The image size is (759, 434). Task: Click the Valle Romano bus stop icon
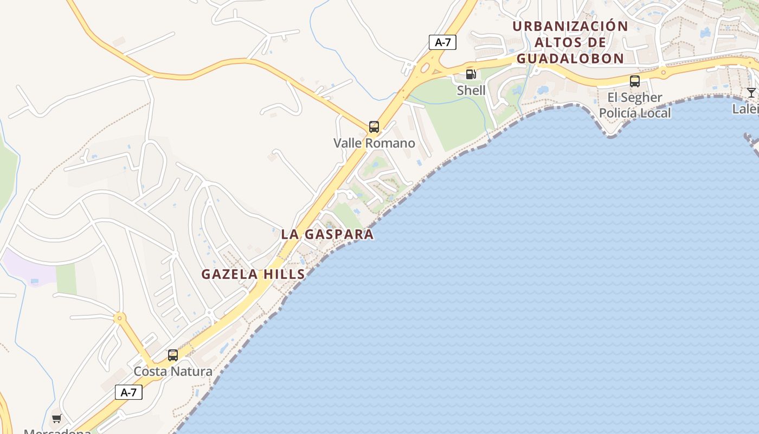click(374, 127)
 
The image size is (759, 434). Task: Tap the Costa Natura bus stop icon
click(173, 355)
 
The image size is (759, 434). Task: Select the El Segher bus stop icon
click(635, 81)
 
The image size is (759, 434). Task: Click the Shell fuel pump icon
click(471, 74)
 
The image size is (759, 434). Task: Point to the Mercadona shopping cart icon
click(56, 418)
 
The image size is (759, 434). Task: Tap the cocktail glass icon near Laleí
click(751, 92)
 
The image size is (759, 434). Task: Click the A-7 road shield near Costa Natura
click(128, 392)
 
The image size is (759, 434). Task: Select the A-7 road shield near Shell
click(442, 42)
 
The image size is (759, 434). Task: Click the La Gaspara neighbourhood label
click(327, 234)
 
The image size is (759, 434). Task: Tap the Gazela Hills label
click(253, 275)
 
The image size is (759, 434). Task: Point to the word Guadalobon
click(570, 59)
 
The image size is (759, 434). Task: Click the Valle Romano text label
click(374, 143)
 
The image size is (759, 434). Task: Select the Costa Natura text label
click(173, 372)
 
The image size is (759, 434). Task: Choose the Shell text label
click(471, 90)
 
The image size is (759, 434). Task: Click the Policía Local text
click(635, 113)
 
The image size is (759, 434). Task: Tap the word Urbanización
click(570, 26)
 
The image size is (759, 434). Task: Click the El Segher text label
click(635, 98)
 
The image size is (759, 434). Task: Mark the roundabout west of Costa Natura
click(120, 318)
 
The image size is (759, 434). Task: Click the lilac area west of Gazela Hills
click(27, 266)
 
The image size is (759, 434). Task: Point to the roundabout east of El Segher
click(662, 71)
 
